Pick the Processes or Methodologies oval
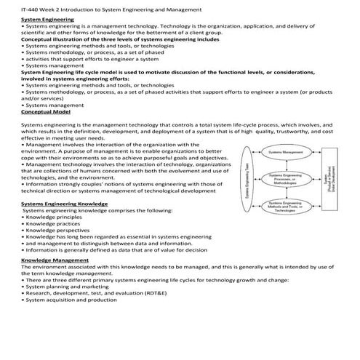286,179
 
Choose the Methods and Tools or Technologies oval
286,206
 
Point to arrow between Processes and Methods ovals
286,192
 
